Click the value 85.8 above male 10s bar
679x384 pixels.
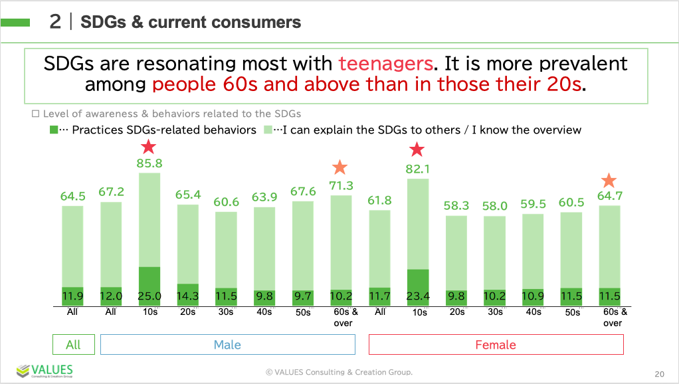(149, 162)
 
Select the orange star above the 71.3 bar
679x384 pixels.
(340, 167)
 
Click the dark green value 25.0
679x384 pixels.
(149, 296)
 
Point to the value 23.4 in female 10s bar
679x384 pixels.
(417, 296)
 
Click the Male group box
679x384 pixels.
(227, 345)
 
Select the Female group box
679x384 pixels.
(496, 345)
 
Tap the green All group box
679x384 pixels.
(73, 345)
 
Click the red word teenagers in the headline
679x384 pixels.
(385, 64)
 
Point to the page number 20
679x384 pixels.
(659, 373)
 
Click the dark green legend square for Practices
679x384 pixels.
(53, 130)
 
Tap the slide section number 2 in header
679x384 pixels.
(55, 22)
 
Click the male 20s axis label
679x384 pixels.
(187, 312)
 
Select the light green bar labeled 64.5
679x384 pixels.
(73, 246)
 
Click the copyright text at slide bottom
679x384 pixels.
(339, 372)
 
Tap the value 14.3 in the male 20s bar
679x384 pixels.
(187, 296)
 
